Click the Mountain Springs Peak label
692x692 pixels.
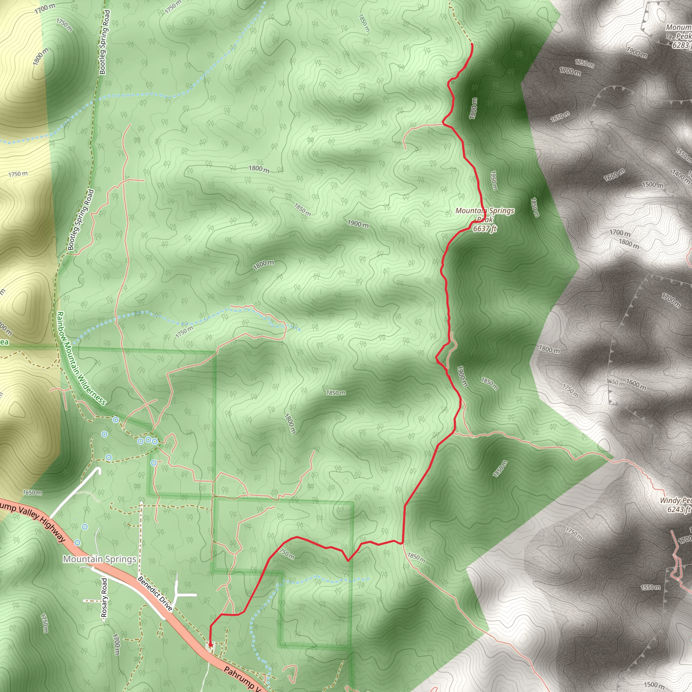point(485,215)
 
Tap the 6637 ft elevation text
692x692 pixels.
point(485,228)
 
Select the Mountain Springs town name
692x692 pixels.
point(100,559)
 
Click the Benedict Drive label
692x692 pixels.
point(155,593)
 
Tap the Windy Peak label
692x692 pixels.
point(675,500)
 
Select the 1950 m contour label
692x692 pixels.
point(494,180)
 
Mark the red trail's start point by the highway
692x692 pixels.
point(210,645)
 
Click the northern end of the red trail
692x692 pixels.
point(472,44)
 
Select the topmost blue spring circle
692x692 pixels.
point(115,419)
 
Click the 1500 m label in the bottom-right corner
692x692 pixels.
point(654,685)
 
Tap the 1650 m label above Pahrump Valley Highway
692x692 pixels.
point(32,493)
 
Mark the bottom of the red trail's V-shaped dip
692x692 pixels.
point(348,561)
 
